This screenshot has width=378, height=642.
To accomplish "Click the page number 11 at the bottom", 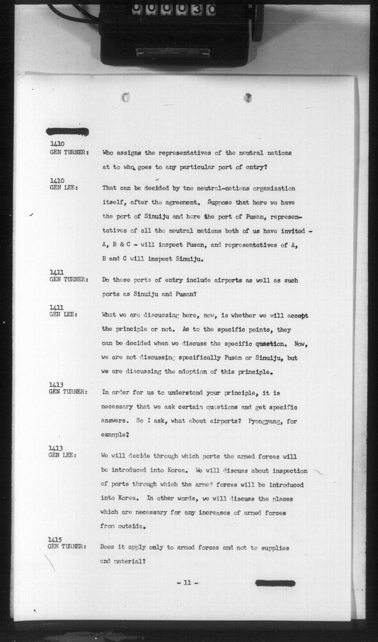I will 187,582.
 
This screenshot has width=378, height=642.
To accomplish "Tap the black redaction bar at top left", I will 67,132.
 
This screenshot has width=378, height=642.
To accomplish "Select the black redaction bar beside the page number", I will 275,583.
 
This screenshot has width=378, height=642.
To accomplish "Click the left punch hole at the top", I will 125,97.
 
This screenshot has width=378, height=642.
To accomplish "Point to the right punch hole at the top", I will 248,97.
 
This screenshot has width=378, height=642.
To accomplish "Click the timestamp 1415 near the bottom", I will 55,540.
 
